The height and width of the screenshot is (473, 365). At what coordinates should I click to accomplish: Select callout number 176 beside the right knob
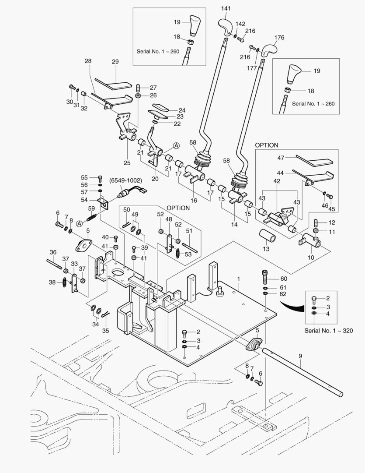pos(279,38)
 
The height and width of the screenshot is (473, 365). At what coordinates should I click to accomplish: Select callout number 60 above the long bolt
pos(283,279)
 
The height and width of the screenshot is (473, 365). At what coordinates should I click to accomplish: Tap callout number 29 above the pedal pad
pos(115,62)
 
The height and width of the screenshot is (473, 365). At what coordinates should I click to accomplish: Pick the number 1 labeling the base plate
pos(239,279)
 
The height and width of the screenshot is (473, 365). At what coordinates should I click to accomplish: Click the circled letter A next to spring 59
pos(80,223)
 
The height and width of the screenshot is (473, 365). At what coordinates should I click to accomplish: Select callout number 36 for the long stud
pos(53,252)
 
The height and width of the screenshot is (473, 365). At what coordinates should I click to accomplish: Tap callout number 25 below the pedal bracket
pos(127,163)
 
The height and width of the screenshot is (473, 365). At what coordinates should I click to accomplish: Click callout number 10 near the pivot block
pos(311,258)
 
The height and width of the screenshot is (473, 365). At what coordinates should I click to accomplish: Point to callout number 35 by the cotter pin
pos(105,331)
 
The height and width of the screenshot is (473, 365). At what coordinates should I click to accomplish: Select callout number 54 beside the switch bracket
pos(84,200)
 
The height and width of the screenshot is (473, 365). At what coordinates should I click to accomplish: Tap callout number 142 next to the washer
pos(240,25)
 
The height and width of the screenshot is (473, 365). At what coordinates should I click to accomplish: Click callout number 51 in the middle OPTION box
pos(189,230)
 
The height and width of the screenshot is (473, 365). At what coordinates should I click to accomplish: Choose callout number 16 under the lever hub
pos(194,200)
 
